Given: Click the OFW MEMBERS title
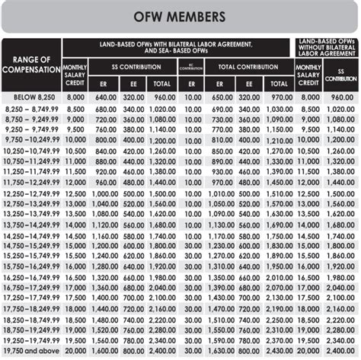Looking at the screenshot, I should click(x=180, y=16).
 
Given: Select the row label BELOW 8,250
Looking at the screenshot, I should click(x=31, y=98).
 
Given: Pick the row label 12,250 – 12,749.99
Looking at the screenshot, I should click(x=31, y=194).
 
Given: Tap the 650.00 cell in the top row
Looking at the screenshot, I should click(x=222, y=98).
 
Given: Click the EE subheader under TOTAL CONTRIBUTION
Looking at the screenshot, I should click(x=250, y=84).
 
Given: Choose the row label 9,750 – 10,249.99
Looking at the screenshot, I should click(x=31, y=141).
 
